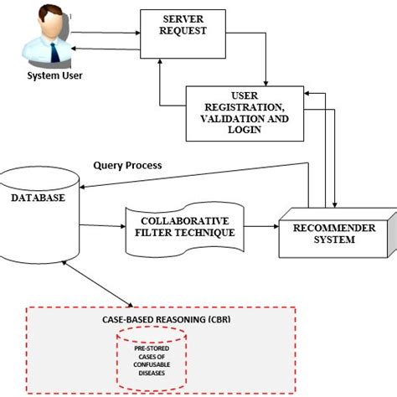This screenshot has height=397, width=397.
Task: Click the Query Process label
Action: coord(128,166)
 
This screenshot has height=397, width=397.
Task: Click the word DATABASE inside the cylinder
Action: coord(39,198)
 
